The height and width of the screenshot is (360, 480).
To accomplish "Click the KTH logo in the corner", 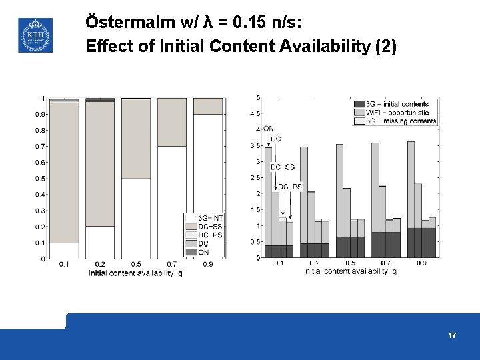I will point(35,35).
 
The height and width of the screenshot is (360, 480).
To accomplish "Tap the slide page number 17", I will point(453,335).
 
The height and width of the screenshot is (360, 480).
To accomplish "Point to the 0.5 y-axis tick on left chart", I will point(40,179).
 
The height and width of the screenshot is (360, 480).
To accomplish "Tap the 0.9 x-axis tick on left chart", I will point(208,265).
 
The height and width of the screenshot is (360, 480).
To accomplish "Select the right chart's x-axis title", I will point(350,271).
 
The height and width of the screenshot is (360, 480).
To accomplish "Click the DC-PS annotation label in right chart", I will point(290,187).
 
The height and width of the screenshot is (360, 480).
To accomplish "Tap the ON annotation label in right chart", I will point(268,128).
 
